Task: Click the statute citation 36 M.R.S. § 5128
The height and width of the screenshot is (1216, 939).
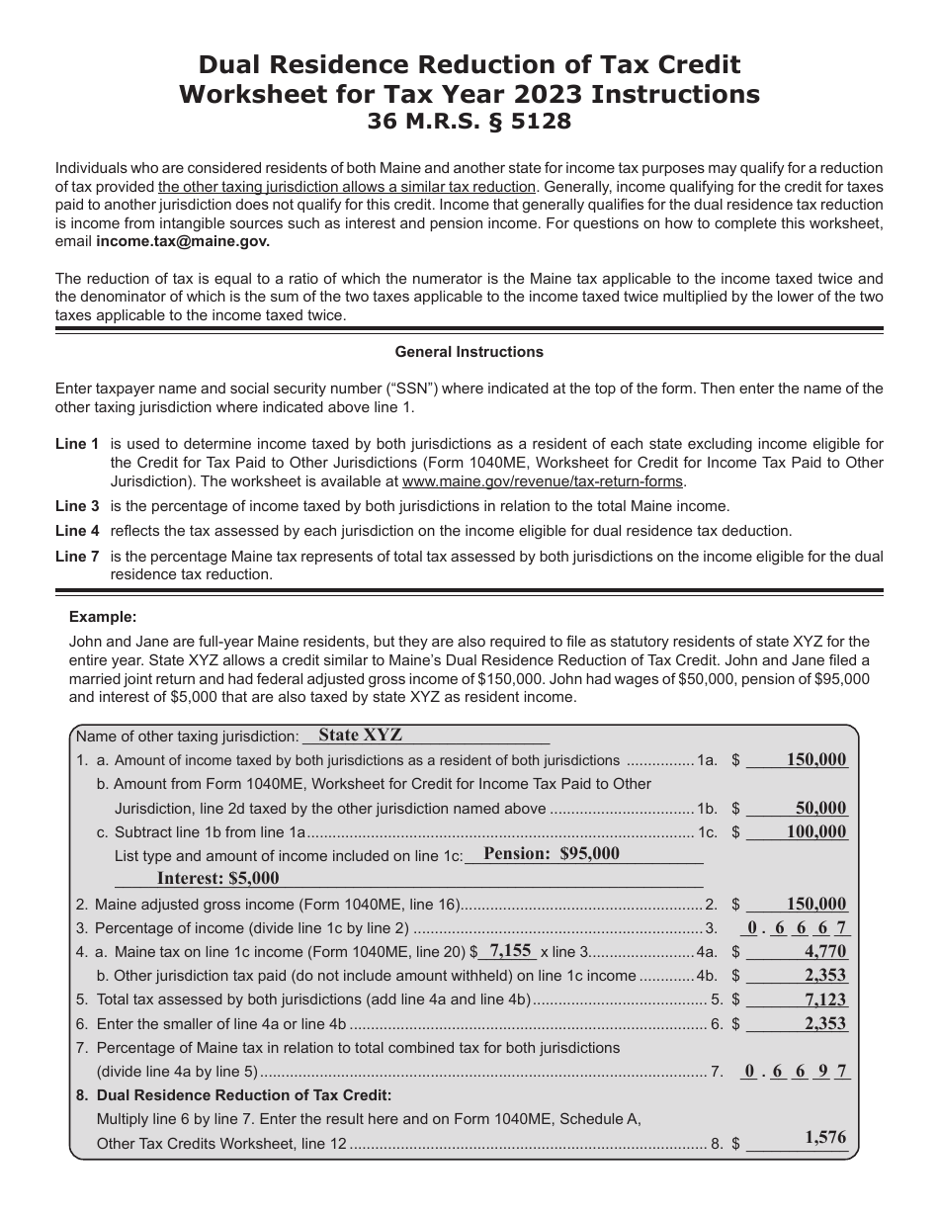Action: click(x=469, y=123)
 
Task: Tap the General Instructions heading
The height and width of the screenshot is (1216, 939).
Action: click(x=469, y=351)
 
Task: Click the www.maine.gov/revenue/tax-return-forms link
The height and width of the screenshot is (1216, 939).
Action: click(x=542, y=481)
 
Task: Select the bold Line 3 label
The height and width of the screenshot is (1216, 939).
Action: click(x=77, y=506)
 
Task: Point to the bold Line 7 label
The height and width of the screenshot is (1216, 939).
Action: click(x=77, y=557)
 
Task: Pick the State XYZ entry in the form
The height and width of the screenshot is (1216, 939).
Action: click(x=361, y=736)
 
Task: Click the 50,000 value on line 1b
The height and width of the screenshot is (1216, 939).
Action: click(x=820, y=808)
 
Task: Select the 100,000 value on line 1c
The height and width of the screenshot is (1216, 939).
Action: click(x=815, y=831)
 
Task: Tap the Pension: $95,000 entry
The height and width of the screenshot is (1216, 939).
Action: click(x=552, y=854)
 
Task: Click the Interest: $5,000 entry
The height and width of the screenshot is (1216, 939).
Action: click(x=217, y=878)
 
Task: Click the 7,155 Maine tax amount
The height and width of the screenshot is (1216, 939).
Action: click(x=510, y=950)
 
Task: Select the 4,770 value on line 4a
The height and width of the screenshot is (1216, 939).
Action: click(x=824, y=952)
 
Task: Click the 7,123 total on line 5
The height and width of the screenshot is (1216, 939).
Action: click(x=824, y=999)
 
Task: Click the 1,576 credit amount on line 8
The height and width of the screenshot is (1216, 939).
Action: click(x=824, y=1138)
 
